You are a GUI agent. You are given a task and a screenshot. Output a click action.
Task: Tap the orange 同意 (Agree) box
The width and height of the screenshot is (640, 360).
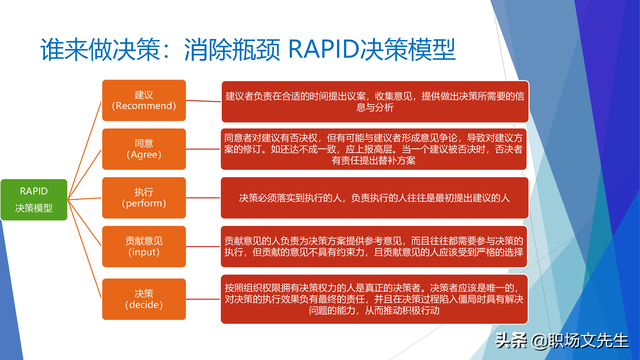point(143,147)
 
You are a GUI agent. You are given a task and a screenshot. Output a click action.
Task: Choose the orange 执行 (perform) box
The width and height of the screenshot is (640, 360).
point(143,196)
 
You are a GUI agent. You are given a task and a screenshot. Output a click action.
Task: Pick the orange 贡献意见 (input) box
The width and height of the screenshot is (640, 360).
point(143,247)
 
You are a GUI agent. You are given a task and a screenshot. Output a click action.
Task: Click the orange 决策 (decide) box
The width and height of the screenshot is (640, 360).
point(143,297)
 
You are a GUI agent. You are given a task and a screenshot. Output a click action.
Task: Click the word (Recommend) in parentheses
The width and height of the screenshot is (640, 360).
point(143,105)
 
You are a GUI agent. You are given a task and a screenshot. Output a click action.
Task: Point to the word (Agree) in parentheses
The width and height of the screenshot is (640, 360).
point(143,155)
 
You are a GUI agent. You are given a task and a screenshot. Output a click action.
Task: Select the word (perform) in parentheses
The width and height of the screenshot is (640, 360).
point(143,204)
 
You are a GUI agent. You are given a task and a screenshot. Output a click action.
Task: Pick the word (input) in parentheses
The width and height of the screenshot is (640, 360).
point(143,254)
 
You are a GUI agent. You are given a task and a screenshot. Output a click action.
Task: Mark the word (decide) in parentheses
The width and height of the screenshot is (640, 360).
point(143,304)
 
